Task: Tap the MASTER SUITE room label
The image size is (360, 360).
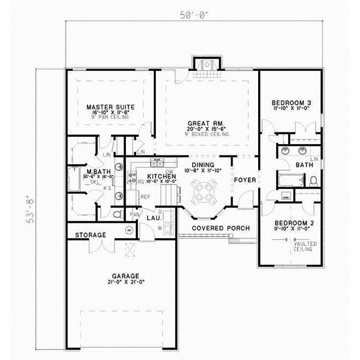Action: point(110,106)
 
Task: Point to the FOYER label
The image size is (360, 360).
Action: point(245,180)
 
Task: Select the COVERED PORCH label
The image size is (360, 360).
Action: point(217,229)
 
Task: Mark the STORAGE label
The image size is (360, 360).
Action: point(91,235)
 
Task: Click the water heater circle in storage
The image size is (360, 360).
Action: point(128,230)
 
